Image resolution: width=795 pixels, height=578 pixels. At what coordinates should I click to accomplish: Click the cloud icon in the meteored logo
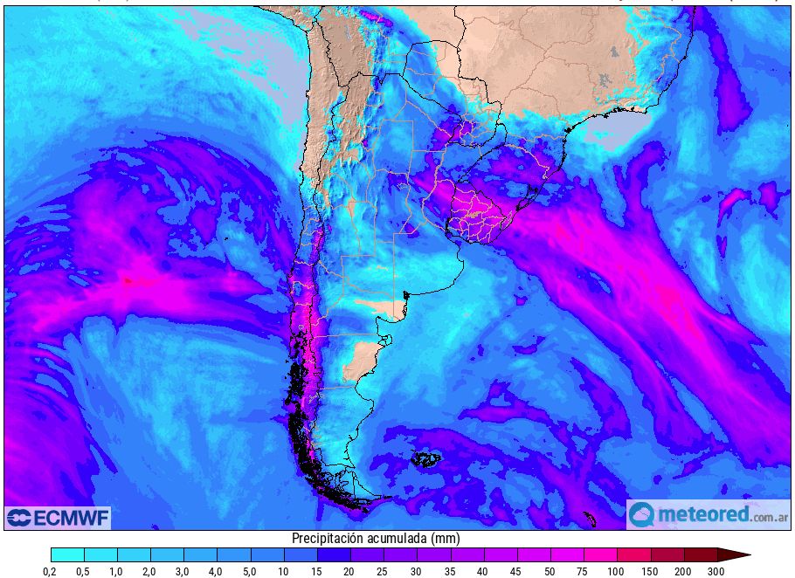coord(641,514)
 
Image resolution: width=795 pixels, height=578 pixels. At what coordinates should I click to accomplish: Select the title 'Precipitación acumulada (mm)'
coord(375,539)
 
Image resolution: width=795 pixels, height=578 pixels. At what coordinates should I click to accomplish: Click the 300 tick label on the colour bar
coord(716,571)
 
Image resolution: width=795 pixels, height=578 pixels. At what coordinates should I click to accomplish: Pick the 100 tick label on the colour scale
coord(617,571)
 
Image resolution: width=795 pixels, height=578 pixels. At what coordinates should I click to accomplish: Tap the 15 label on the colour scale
coord(317,571)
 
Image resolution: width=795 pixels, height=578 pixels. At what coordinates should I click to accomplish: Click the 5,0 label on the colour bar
coord(251,571)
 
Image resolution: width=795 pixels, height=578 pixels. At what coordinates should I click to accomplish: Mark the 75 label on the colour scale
coord(584,571)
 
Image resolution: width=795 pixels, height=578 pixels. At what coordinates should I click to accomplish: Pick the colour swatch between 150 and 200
coord(667,554)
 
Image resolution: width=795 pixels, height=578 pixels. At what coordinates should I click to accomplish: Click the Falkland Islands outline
coord(427,459)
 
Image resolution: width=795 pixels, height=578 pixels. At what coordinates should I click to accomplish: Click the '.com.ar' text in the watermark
coord(769,515)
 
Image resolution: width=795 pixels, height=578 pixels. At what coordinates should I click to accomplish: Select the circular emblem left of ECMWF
coord(18,518)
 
